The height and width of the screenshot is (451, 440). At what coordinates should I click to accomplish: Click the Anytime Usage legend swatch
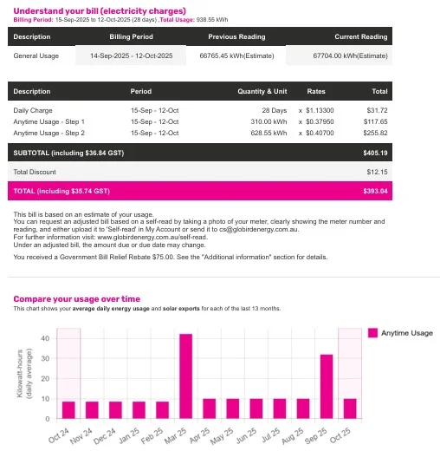coord(373,333)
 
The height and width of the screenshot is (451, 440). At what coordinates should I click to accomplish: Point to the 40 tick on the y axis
coord(45,337)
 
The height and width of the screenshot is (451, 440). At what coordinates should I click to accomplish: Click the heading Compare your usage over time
coord(76,299)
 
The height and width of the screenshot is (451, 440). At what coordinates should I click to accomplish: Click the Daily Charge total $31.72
coord(378,110)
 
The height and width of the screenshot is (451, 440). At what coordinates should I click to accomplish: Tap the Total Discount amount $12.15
coord(378,173)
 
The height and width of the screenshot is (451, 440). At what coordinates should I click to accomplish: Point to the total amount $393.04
coord(376,191)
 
